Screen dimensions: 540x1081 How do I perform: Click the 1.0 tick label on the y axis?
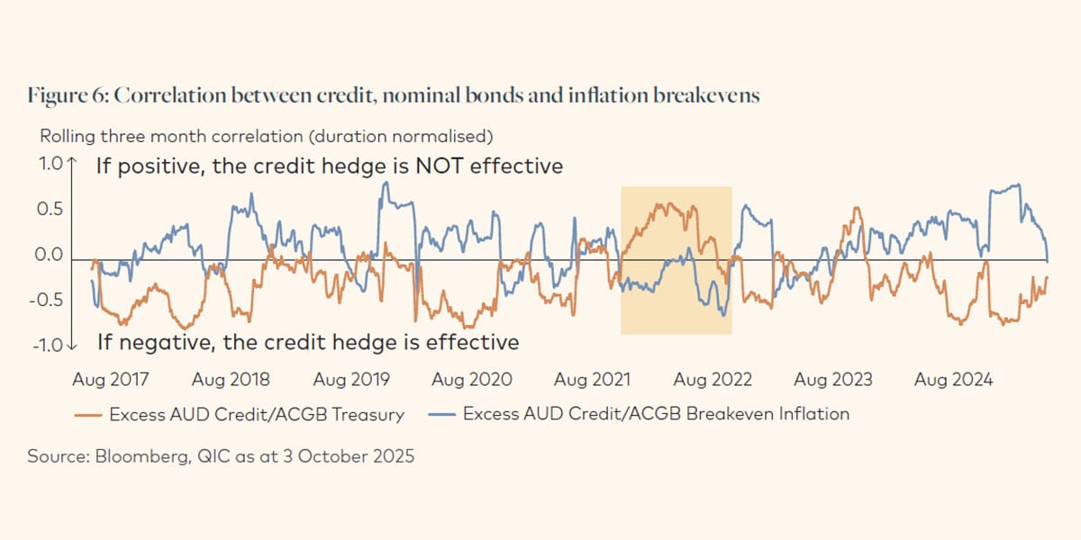click(51, 166)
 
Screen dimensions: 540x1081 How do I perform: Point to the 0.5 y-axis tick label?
click(51, 210)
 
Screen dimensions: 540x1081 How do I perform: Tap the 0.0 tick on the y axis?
click(51, 256)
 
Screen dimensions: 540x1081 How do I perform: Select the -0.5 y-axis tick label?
click(49, 300)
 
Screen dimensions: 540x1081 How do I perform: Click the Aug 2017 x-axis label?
click(111, 380)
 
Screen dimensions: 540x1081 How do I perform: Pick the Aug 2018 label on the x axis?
click(232, 380)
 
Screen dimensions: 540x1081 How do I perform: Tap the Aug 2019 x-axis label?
click(352, 380)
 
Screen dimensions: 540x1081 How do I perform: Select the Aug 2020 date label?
click(473, 380)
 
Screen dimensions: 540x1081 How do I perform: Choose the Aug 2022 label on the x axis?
click(713, 380)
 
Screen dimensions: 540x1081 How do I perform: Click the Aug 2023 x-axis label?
click(834, 380)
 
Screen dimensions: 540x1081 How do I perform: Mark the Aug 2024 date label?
click(955, 380)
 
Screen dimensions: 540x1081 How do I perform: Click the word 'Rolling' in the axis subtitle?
click(64, 137)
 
